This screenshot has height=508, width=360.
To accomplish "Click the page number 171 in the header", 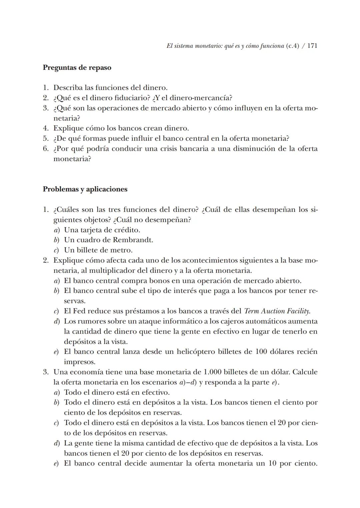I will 312,46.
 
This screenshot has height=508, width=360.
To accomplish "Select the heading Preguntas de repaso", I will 77,68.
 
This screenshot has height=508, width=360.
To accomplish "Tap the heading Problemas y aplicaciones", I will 85,189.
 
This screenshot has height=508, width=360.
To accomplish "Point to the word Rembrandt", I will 133,240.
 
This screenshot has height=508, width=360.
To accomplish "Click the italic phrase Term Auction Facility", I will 277,311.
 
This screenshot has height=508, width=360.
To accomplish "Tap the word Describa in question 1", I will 68,88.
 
